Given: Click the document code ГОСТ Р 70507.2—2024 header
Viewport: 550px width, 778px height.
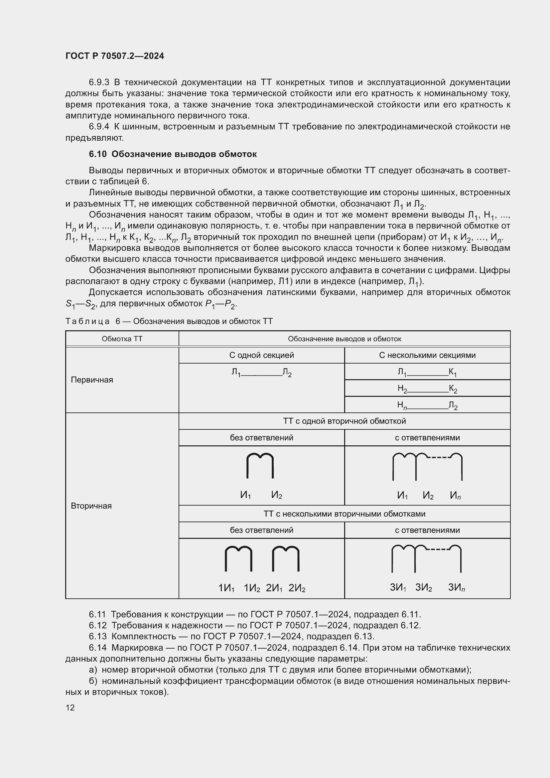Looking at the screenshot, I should tap(114, 56).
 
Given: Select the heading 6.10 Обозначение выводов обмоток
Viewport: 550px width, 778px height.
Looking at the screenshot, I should tap(173, 154).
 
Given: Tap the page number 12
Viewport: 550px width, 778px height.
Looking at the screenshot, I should tap(70, 707).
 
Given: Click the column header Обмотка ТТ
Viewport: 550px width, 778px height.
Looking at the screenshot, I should tap(122, 339).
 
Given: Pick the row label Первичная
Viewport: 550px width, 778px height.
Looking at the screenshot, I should tap(92, 380).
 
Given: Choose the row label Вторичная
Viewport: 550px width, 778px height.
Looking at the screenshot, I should tap(91, 506).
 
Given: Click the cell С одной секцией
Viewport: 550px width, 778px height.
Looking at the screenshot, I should tap(261, 355).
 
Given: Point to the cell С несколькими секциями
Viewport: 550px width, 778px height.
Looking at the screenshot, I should tap(427, 355).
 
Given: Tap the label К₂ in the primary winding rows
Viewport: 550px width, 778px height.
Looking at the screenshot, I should tap(453, 389).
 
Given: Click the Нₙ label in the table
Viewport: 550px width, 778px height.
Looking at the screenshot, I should tap(402, 405).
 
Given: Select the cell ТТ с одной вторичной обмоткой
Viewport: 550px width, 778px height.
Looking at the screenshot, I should tap(344, 421).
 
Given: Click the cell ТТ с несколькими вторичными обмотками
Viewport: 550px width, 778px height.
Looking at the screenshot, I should tap(344, 514).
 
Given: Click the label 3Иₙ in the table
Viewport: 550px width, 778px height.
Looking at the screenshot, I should tap(456, 587).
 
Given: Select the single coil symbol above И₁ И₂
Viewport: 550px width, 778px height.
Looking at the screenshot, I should tap(260, 466).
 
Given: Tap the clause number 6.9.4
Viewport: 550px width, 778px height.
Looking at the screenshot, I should tap(99, 127).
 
